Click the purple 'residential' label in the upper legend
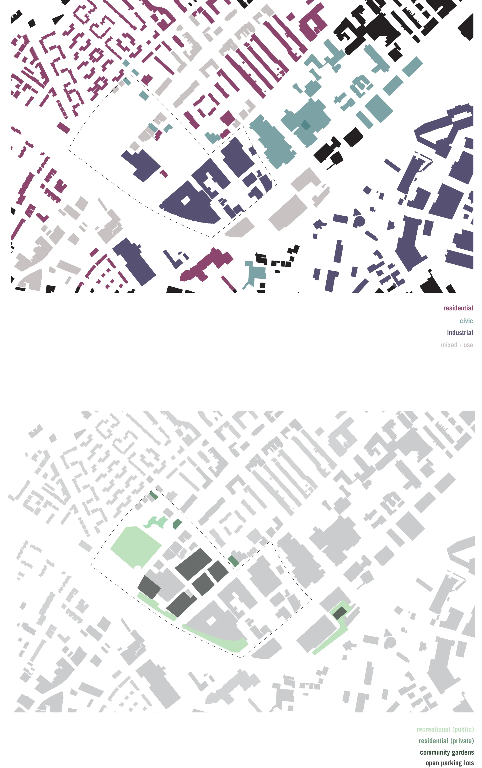pyautogui.click(x=458, y=308)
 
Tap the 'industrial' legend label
pyautogui.click(x=460, y=333)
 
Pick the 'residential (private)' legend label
pyautogui.click(x=446, y=741)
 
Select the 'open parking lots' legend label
pyautogui.click(x=449, y=763)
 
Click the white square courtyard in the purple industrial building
pyautogui.click(x=185, y=201)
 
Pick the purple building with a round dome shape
pyautogui.click(x=359, y=220)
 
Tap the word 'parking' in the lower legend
pyautogui.click(x=453, y=763)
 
